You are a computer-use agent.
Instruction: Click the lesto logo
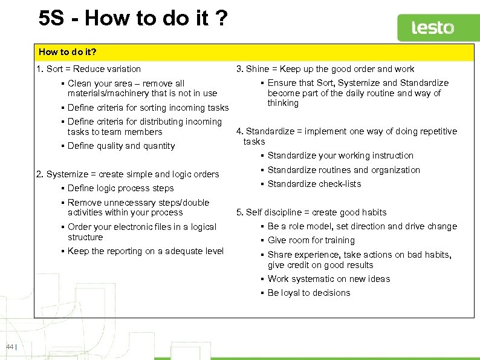coord(432,28)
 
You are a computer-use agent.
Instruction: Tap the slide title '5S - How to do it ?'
coord(133,18)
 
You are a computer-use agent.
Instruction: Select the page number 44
coord(10,346)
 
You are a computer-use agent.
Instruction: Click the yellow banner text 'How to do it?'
coord(68,52)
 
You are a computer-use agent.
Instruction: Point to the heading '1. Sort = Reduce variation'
coord(88,69)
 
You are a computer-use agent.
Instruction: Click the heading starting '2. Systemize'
coord(128,174)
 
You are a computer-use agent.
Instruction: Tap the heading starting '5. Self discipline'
coord(311,212)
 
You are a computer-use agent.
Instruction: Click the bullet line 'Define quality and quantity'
coord(121,146)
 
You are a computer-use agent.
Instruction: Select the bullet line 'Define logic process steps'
coord(120,188)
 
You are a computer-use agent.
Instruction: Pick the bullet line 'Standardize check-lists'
coord(314,184)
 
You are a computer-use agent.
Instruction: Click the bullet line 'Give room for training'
coord(311,240)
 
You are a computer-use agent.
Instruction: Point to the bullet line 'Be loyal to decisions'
coord(308,293)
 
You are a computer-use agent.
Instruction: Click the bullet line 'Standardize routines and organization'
coord(343,170)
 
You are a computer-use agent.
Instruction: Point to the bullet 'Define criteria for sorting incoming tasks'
coord(148,108)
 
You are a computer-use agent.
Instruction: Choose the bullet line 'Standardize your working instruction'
coord(340,155)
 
